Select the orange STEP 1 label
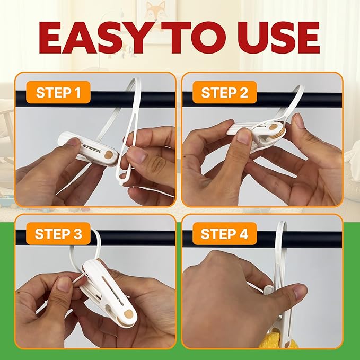(58, 92)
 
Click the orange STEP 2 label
(225, 92)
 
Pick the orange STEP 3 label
(58, 233)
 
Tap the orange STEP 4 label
(225, 233)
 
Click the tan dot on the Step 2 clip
(274, 127)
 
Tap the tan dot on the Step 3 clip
(128, 313)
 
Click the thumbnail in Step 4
(300, 291)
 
